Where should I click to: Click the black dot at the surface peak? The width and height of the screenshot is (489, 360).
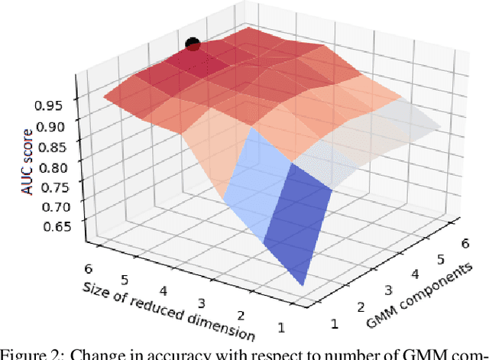click(x=193, y=45)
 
